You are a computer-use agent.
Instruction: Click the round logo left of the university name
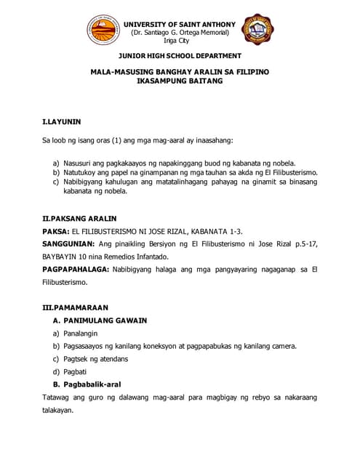click(x=105, y=31)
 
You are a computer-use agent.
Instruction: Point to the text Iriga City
click(x=180, y=41)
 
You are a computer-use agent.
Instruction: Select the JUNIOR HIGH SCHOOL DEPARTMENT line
click(x=180, y=56)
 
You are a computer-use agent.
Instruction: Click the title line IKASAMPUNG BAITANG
click(x=180, y=82)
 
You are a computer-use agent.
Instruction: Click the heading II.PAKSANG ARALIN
click(x=80, y=218)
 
